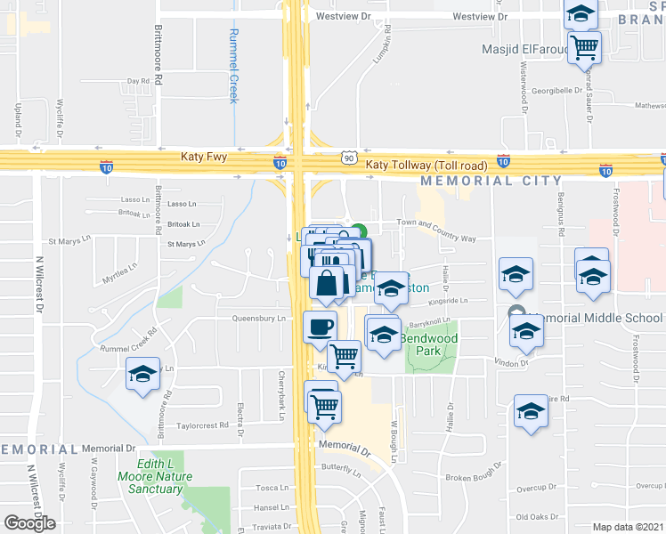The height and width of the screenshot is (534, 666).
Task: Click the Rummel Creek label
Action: [x=234, y=64]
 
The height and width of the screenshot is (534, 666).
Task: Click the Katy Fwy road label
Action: [x=204, y=157]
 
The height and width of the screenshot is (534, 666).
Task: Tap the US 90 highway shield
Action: [x=348, y=158]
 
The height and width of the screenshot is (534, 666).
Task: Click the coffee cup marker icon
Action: [x=320, y=326]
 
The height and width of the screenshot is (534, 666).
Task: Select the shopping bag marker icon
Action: [x=327, y=283]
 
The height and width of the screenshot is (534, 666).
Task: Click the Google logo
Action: [x=29, y=523]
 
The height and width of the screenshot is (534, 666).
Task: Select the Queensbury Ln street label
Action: [x=257, y=318]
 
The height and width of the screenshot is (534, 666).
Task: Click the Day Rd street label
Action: [x=138, y=81]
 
